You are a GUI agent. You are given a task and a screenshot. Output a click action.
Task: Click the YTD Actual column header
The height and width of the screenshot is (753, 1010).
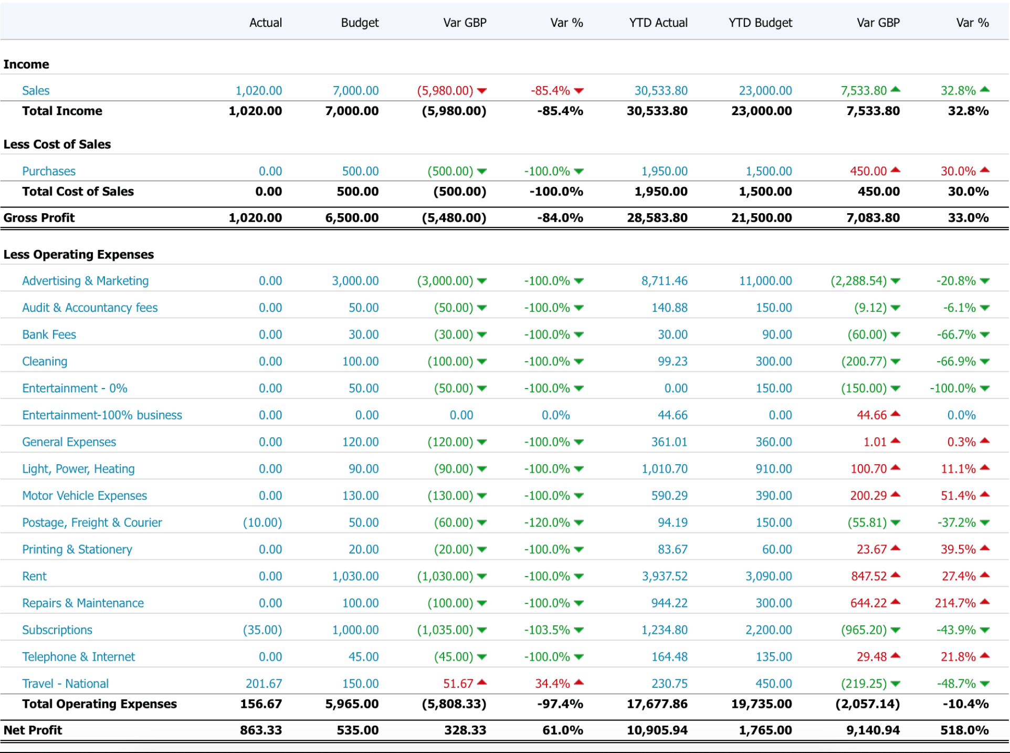[x=658, y=23]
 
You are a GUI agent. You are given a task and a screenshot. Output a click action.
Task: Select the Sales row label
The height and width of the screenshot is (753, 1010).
[x=36, y=91]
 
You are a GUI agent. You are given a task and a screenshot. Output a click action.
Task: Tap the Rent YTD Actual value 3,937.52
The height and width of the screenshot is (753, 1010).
[x=664, y=576]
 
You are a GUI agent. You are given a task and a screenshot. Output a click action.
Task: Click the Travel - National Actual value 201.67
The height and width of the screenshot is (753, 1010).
[x=264, y=683]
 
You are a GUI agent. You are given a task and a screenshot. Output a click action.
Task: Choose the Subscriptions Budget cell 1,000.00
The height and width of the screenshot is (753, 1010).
[x=355, y=630]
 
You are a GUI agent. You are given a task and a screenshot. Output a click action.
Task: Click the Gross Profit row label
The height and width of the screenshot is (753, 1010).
[x=39, y=217]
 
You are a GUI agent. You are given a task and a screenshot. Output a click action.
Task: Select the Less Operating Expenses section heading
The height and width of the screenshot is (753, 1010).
[x=78, y=254]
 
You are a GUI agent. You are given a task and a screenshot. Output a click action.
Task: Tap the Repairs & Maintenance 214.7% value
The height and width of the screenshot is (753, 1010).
[x=955, y=603]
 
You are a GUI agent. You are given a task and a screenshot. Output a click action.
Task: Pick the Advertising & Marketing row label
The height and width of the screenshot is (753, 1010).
[x=85, y=281]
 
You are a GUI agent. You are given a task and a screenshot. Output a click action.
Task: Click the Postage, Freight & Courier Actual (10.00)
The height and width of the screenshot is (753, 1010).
[x=262, y=522]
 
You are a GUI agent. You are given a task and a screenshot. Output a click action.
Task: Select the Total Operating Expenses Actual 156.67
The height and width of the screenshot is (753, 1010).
[x=260, y=704]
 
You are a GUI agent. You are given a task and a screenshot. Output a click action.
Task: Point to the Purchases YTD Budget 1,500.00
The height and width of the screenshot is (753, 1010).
[x=769, y=171]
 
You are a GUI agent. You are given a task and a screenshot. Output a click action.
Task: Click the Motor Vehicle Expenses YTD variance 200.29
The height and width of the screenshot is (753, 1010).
[x=868, y=496]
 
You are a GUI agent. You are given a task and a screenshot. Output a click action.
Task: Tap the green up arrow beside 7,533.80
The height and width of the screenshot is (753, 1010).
[x=896, y=89]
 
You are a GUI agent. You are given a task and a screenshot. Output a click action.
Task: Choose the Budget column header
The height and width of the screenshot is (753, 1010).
[x=360, y=23]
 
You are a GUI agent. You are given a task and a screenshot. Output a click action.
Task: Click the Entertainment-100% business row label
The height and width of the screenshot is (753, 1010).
[x=102, y=415]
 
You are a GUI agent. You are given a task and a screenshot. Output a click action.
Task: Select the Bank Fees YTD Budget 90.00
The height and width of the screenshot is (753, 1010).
[x=777, y=334]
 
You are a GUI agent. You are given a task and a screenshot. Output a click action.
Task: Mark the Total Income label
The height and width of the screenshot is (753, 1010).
[x=62, y=111]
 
